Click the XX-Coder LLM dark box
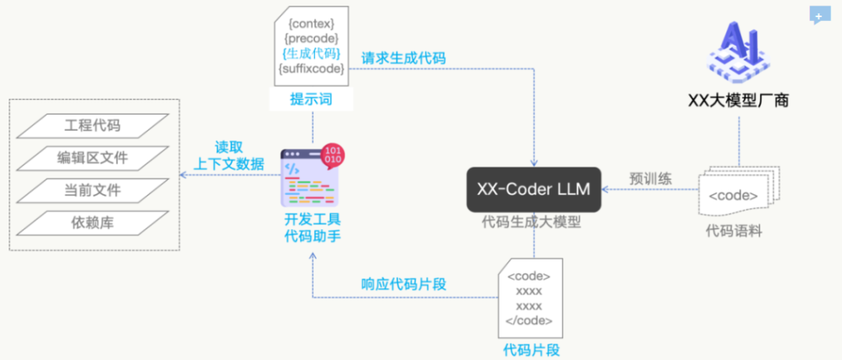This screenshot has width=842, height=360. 534,189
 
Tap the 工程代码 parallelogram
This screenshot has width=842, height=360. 93,124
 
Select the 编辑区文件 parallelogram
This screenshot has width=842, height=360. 93,157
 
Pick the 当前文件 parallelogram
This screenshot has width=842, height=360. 93,190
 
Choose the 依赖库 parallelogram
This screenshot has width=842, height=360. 93,223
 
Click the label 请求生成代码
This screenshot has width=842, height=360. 403,58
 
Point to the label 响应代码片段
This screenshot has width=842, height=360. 403,284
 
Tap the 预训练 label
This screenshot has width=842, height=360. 651,178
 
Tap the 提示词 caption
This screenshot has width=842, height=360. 310,99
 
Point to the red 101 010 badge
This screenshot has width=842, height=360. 333,154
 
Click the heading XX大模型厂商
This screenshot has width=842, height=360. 738,100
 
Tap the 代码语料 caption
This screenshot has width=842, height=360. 733,230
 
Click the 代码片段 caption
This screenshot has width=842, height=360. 531,349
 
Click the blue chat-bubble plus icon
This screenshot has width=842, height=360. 819,16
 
